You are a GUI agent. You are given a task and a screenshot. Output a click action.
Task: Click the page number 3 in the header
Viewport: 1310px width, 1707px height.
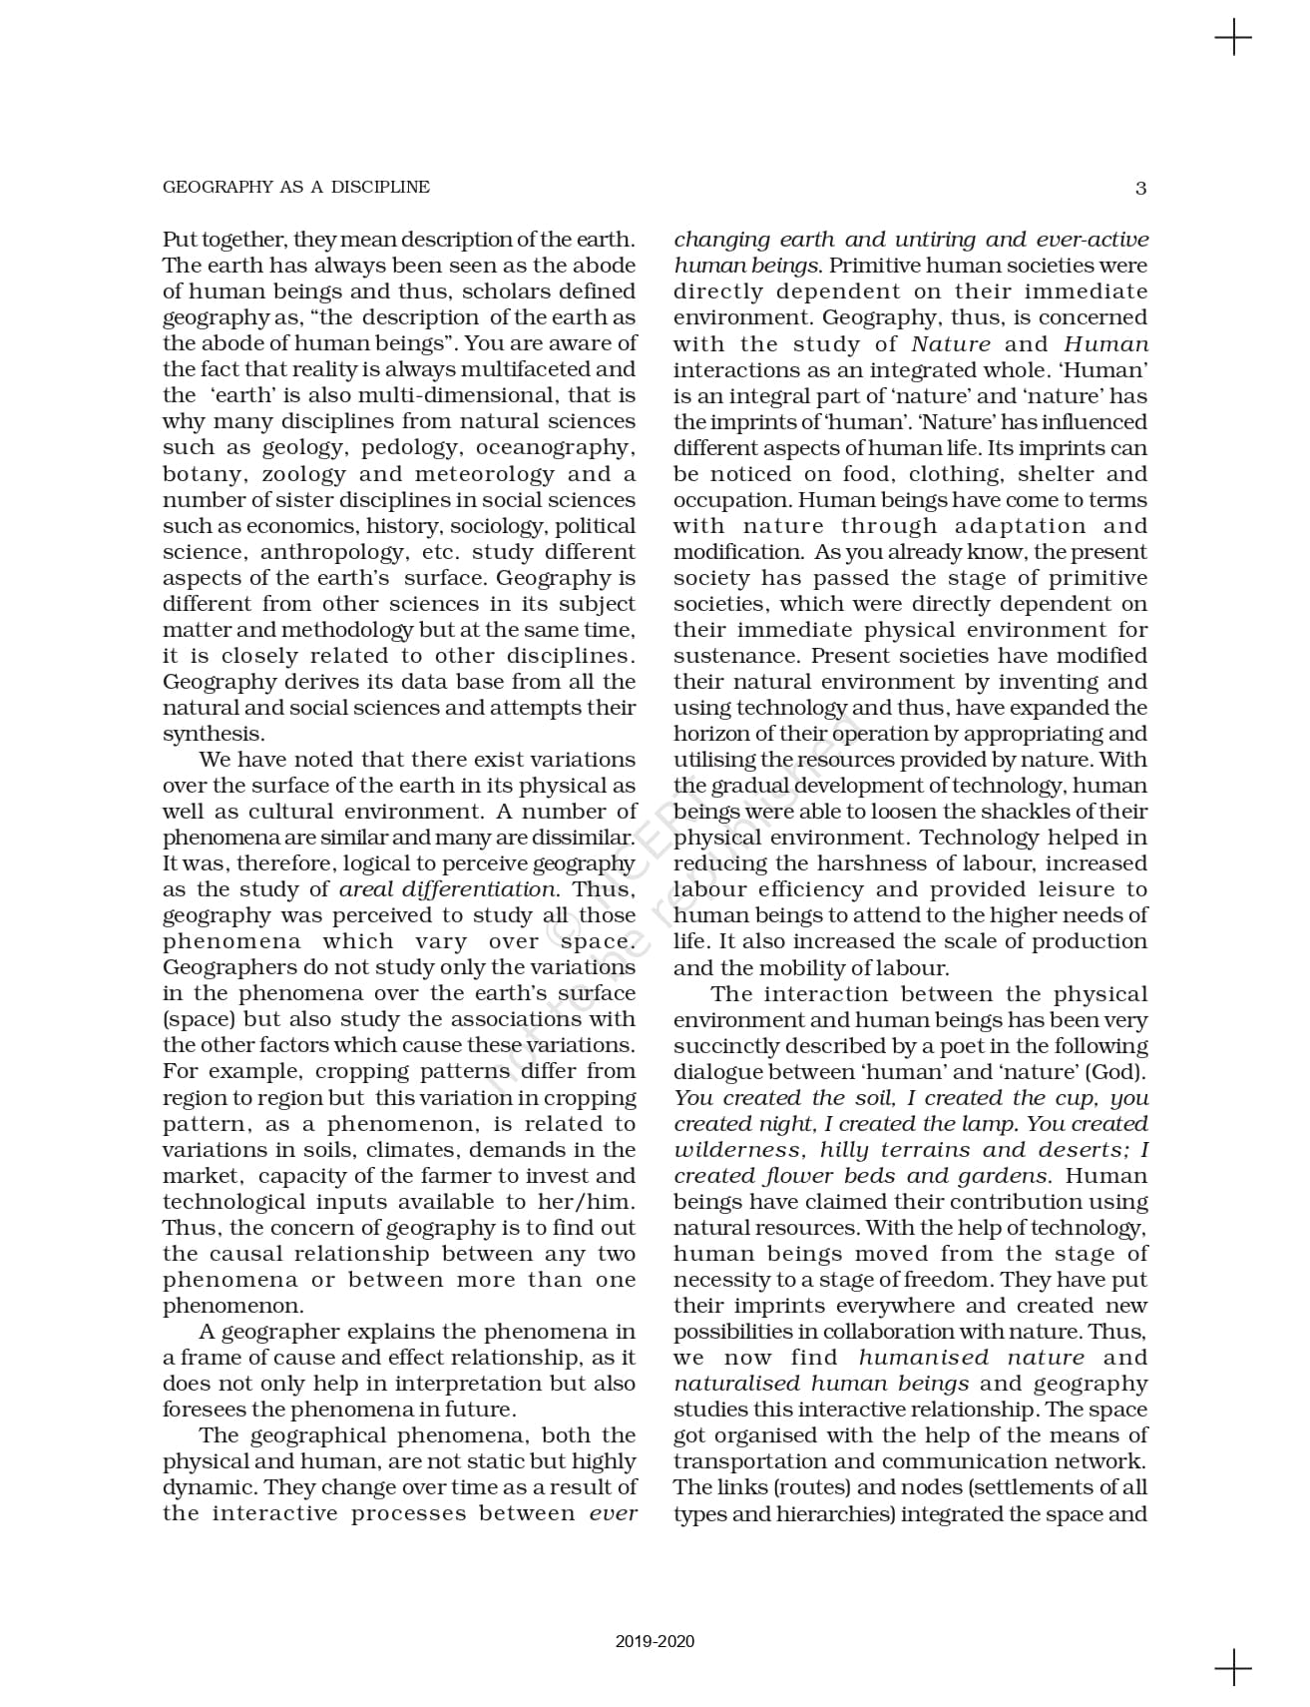coord(1140,188)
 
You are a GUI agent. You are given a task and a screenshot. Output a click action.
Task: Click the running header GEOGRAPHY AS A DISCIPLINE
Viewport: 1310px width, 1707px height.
coord(296,187)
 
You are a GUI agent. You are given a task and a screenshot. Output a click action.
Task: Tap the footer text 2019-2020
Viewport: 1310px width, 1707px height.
coord(655,1641)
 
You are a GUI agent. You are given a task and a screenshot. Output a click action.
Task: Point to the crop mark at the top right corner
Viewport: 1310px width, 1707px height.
coord(1233,39)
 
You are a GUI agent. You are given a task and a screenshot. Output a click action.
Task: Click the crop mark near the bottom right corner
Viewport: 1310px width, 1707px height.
coord(1233,1666)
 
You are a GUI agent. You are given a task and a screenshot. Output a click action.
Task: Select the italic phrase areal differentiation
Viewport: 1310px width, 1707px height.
coord(448,888)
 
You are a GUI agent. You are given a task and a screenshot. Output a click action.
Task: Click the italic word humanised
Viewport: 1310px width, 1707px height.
coord(923,1357)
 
